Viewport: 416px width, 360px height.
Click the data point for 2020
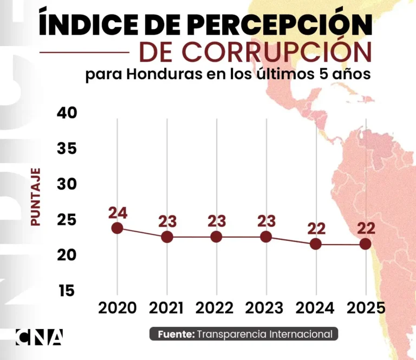(x=118, y=228)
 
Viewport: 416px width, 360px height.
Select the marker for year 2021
(x=167, y=237)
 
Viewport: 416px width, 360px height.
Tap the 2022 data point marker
(x=216, y=237)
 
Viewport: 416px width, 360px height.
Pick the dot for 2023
(x=265, y=237)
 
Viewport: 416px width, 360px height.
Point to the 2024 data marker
(x=316, y=244)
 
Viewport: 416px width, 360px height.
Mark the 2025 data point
(x=366, y=244)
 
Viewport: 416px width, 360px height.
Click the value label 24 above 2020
(x=118, y=213)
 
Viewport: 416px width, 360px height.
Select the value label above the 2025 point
(x=366, y=228)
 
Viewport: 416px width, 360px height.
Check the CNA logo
(x=39, y=337)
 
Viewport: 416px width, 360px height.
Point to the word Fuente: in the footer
(x=176, y=335)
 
